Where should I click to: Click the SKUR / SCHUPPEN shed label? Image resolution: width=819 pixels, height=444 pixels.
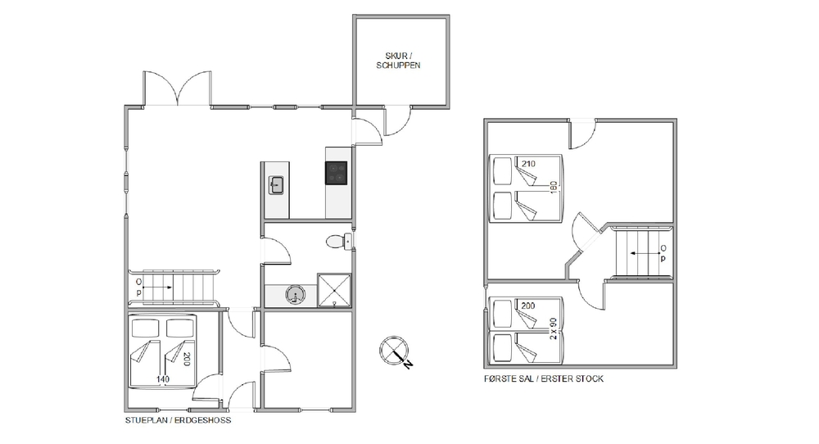tap(398, 61)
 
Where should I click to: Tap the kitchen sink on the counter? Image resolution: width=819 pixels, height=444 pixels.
tap(276, 185)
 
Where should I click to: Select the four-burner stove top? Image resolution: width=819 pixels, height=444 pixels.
tap(337, 173)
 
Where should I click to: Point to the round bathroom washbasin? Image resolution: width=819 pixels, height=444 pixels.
tap(295, 295)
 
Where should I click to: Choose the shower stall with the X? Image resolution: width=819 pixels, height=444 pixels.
tap(334, 290)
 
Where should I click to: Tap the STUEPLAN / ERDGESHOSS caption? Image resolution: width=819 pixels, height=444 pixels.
tap(178, 420)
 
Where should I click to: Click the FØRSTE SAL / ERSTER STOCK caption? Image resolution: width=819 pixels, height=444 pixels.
tap(544, 378)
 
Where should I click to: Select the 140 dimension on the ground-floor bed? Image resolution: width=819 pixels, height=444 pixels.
tap(164, 379)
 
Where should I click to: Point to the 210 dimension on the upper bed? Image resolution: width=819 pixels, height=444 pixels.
tap(528, 164)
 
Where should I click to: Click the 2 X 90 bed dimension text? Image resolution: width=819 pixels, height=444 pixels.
tap(554, 329)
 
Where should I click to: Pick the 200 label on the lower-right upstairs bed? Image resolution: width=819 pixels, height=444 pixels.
tap(528, 306)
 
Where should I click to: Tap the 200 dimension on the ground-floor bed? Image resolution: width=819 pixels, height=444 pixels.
tap(187, 360)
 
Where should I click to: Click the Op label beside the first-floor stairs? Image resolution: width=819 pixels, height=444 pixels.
tap(663, 253)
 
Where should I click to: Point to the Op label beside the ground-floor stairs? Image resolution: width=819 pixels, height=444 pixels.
tap(139, 288)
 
